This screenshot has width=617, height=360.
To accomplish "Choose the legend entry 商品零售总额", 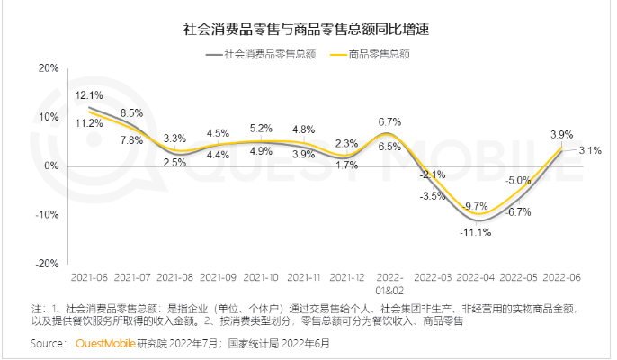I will pos(379,54).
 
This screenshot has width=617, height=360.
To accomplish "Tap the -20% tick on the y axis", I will pos(47,264).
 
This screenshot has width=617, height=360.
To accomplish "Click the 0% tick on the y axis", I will pos(51,166).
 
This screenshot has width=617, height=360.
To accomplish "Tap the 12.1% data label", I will pos(88,94).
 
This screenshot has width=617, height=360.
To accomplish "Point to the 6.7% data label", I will pos(389,121).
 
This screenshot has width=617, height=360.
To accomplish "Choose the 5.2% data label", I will pos(261,129).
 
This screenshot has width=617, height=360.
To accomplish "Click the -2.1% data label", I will pos(434,175).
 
